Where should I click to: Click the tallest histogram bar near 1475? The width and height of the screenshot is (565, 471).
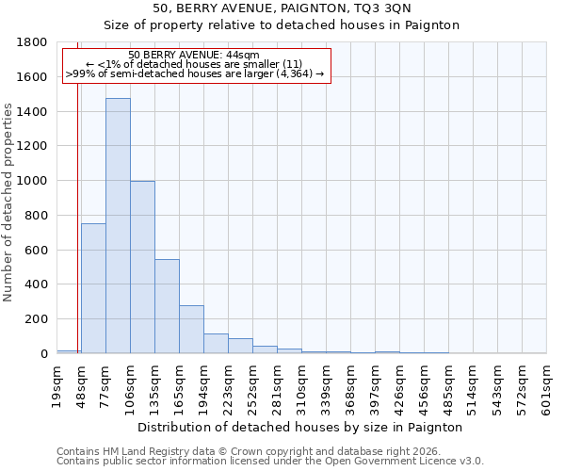click(118, 226)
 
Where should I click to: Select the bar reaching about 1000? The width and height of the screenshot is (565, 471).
click(142, 268)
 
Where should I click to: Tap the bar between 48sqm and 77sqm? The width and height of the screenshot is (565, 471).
click(93, 288)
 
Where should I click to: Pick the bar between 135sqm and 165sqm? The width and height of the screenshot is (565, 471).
click(167, 306)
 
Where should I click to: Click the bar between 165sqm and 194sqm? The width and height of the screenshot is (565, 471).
click(191, 329)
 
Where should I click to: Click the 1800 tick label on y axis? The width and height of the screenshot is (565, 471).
click(33, 42)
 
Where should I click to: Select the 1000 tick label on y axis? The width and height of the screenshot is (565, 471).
click(33, 181)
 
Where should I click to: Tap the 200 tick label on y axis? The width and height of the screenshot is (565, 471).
click(37, 319)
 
